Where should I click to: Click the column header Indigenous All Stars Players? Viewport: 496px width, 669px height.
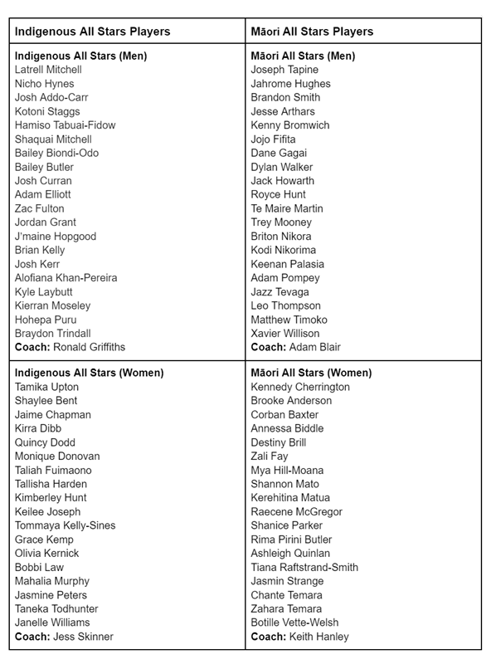[92, 32]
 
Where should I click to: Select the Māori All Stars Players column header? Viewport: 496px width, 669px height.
[312, 32]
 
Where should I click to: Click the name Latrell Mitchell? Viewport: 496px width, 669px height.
[48, 70]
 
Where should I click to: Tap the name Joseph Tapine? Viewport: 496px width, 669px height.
[284, 70]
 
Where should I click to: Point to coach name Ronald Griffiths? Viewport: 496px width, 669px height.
[90, 347]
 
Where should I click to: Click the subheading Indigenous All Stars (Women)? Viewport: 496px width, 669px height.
[89, 373]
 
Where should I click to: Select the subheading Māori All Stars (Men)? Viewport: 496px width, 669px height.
[303, 56]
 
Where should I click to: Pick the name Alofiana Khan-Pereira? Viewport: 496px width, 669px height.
[66, 277]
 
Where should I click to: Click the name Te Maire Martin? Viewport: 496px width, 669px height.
[287, 208]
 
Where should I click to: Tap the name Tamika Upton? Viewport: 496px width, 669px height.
[46, 387]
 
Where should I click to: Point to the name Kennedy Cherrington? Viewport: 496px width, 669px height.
[300, 387]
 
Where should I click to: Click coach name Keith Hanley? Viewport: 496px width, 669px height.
[319, 637]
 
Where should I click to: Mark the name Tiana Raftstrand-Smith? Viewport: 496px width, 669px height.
[304, 567]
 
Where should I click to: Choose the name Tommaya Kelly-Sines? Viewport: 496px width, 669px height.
[65, 525]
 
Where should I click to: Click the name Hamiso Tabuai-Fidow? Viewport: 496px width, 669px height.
[65, 125]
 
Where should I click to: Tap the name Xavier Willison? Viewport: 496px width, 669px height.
[285, 333]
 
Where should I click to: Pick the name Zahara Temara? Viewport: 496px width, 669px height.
[286, 608]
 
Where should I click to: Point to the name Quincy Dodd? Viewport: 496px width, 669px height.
[45, 442]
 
